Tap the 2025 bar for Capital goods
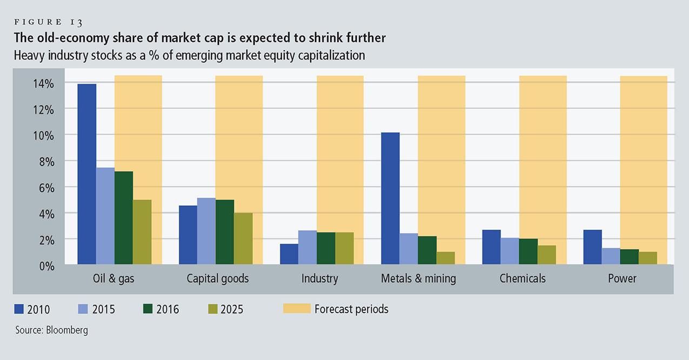coord(243,238)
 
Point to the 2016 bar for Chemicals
coord(528,251)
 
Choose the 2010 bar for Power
coord(593,247)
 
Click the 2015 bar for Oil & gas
coord(105,216)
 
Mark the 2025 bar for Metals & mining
coord(445,258)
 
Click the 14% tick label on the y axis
coord(42,84)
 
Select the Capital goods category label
coord(218,279)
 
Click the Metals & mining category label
coord(418,279)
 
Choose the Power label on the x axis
coord(621,279)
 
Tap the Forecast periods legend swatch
coord(297,309)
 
